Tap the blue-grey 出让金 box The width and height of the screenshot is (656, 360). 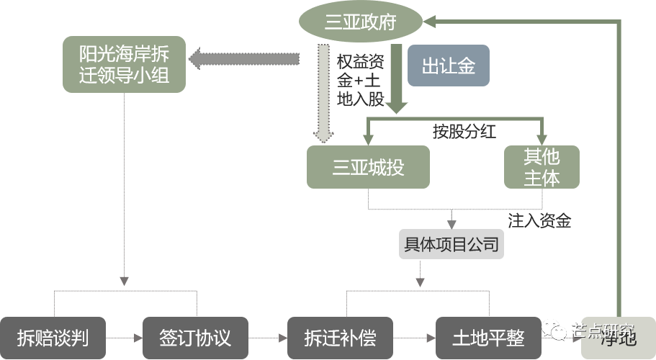[x=448, y=67]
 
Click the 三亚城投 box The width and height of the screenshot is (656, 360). [x=368, y=168]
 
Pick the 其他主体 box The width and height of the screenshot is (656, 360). [x=542, y=167]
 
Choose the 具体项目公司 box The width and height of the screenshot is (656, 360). [x=451, y=245]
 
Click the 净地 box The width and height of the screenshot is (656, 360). [x=618, y=338]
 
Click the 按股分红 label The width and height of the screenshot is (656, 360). [x=464, y=132]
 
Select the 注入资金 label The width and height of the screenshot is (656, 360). [x=539, y=221]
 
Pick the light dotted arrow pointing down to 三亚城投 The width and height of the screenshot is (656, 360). [x=323, y=94]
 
